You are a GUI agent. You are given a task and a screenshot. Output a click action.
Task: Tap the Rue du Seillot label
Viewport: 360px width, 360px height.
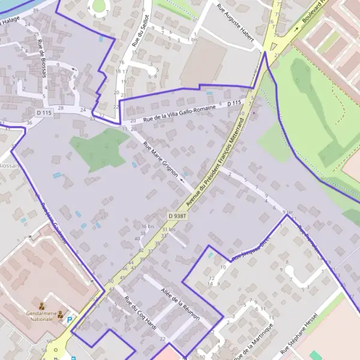(x=140, y=32)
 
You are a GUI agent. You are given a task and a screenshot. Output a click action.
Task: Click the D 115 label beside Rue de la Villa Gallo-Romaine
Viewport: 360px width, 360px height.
(x=234, y=103)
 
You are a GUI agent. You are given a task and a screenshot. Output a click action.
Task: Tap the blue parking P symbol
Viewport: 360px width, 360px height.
(x=70, y=320)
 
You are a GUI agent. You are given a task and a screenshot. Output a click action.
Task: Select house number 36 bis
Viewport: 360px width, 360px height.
(x=147, y=226)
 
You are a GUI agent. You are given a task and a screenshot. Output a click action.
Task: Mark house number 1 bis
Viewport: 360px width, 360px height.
(x=193, y=39)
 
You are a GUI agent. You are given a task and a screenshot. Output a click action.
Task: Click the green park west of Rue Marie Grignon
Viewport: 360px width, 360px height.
(x=99, y=149)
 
